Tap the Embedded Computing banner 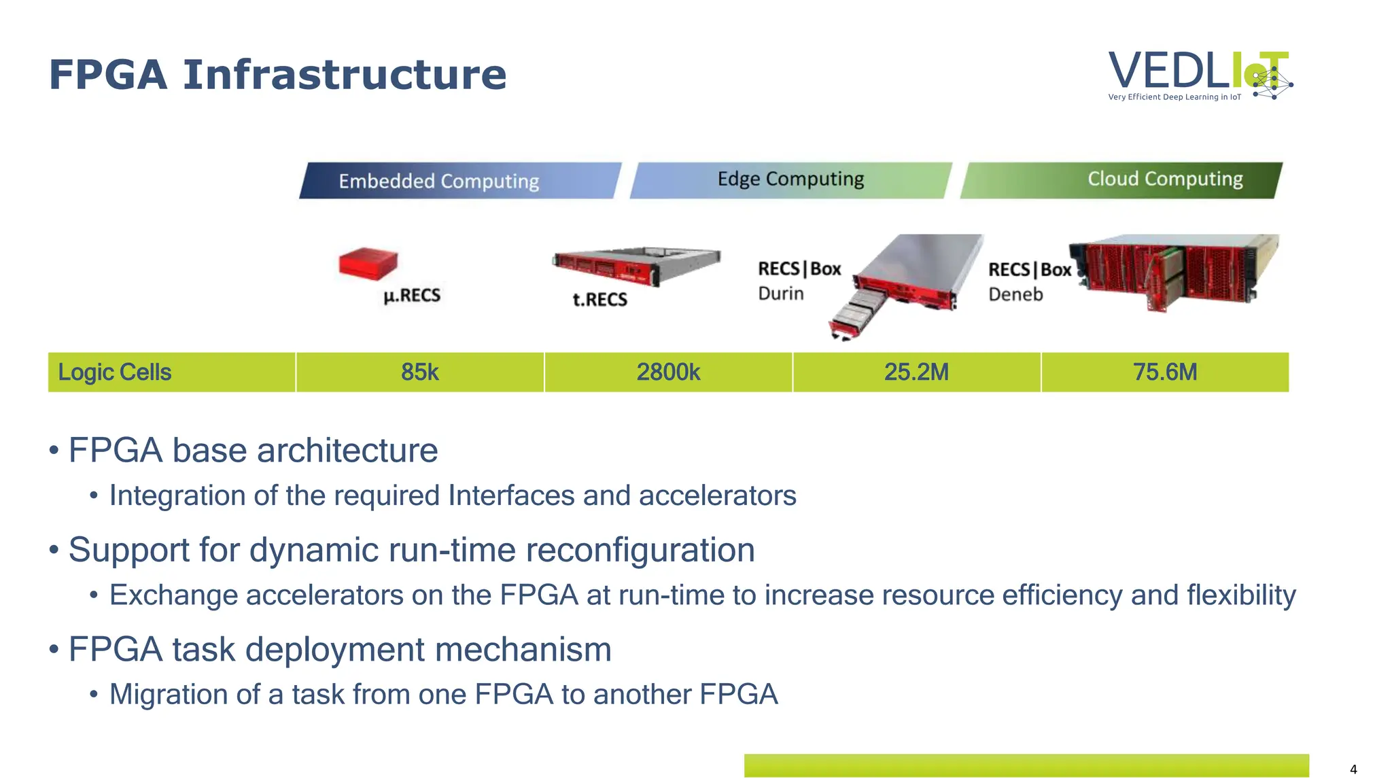point(459,181)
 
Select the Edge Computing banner point(790,179)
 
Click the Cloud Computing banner point(1121,179)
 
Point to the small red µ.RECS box point(368,263)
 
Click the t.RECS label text point(599,300)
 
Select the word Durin point(780,294)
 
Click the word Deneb point(1015,294)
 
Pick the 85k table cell point(419,372)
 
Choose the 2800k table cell point(668,372)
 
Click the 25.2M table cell point(916,372)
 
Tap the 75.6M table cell point(1164,372)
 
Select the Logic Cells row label point(115,372)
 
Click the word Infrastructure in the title point(345,75)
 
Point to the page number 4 point(1353,769)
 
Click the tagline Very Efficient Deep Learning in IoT point(1174,97)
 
